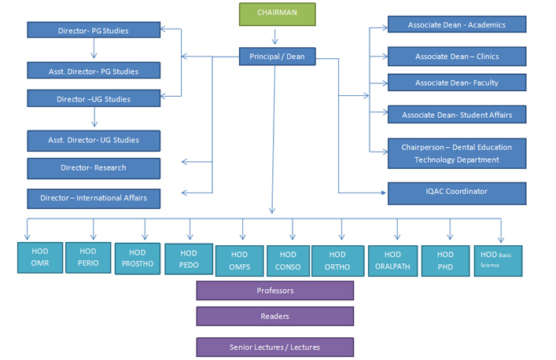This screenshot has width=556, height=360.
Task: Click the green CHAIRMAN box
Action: click(277, 14)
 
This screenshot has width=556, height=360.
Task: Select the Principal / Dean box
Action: click(277, 57)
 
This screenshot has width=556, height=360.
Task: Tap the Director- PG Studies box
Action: click(94, 30)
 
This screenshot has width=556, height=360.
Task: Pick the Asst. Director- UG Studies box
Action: click(94, 140)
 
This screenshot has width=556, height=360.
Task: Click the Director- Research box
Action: click(94, 167)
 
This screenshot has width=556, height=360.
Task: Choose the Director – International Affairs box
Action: click(94, 198)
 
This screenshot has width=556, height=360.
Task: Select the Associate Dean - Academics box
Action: click(456, 24)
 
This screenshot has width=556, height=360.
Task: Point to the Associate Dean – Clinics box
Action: click(456, 56)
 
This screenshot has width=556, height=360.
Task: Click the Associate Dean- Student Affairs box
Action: click(456, 115)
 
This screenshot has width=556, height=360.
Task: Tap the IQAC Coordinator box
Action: click(456, 192)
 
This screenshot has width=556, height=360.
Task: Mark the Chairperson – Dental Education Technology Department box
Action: click(456, 153)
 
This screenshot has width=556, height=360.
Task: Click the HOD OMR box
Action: click(39, 259)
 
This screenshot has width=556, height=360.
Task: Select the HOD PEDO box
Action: click(189, 259)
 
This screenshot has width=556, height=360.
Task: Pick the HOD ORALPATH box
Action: click(392, 260)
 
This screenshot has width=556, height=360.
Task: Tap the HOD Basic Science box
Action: click(497, 260)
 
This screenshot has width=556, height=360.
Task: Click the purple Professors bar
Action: click(274, 291)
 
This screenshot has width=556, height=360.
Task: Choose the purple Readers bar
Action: click(274, 316)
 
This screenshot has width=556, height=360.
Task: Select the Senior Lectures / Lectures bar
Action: click(274, 347)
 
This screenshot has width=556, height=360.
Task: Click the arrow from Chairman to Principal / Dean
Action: click(275, 36)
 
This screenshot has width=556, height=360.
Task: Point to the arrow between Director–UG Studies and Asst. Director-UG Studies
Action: click(95, 118)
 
